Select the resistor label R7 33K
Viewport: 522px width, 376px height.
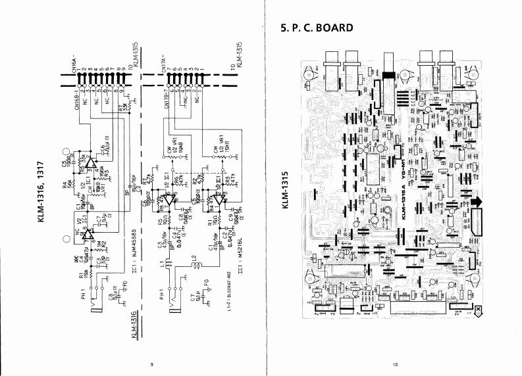point(123,109)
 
